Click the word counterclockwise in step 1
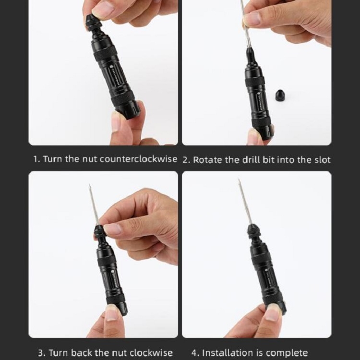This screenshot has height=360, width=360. coord(138,159)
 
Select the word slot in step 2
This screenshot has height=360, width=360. coord(323,159)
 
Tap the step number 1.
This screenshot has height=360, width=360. coord(36,159)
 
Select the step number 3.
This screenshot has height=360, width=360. coord(41,352)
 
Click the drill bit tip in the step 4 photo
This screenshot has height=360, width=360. coord(239,180)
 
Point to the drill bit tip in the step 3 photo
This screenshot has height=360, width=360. coord(89,185)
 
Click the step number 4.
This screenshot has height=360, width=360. coord(194,352)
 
